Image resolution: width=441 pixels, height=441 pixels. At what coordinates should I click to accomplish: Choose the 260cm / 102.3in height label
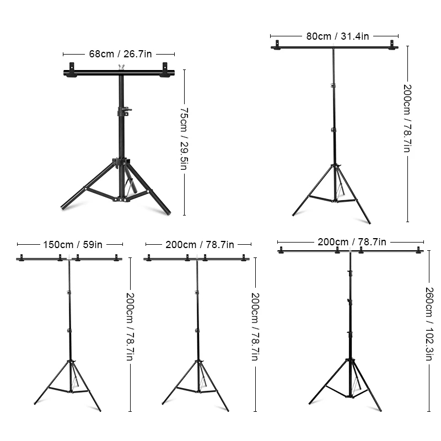[x=429, y=323]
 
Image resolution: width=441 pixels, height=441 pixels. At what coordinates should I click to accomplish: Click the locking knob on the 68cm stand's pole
[x=126, y=110]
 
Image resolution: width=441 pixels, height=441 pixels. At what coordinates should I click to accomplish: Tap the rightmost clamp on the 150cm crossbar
[x=116, y=257]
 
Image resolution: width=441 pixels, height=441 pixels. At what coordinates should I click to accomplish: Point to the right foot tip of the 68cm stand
[x=168, y=213]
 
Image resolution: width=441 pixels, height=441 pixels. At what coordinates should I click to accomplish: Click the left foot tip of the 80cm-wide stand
[x=294, y=214]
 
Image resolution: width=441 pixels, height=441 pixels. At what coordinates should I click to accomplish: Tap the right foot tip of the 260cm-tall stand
[x=380, y=410]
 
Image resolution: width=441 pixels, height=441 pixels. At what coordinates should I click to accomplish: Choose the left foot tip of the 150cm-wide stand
[x=35, y=404]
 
